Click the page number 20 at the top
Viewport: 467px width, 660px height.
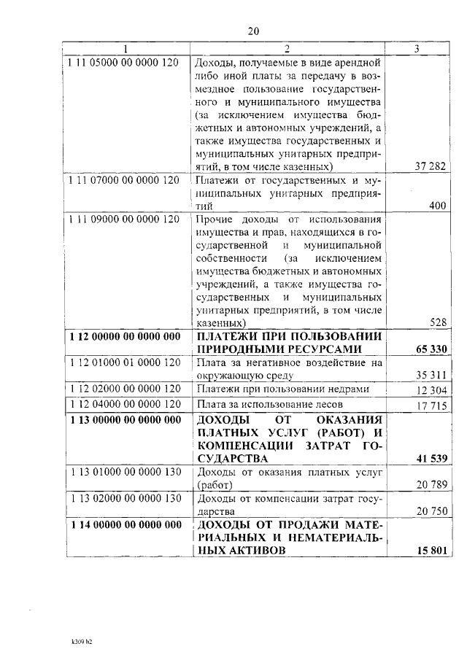point(253,31)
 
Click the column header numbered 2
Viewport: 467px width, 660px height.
point(287,49)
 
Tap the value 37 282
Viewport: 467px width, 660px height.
point(431,166)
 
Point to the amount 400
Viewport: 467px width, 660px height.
point(437,206)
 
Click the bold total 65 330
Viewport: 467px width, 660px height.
point(430,349)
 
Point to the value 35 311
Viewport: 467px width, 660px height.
point(431,376)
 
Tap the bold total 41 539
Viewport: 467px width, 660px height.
point(430,458)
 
